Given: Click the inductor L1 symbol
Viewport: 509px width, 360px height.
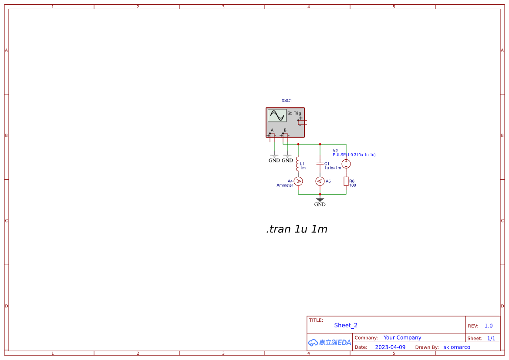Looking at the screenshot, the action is tap(297, 164).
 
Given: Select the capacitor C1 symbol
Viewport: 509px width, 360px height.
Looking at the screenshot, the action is tap(320, 164).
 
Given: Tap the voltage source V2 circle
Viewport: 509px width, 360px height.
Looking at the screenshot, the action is tap(346, 164).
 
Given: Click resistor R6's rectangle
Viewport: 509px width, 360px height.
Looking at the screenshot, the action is tap(346, 181).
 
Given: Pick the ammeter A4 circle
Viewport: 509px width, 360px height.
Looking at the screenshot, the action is tap(298, 181).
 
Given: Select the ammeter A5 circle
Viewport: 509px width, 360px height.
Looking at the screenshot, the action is tap(320, 181).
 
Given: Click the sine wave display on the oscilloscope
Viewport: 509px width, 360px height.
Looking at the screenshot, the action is tap(277, 115).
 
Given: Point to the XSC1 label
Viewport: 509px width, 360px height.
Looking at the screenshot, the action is tap(287, 101).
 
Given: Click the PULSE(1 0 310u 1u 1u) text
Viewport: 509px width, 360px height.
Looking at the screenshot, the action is tap(354, 155).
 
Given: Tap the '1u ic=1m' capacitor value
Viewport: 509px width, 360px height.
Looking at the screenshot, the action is tap(333, 168).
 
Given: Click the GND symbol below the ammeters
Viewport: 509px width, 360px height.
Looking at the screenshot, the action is tap(320, 201).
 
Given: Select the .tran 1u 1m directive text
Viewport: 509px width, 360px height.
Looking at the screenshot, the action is tap(297, 229).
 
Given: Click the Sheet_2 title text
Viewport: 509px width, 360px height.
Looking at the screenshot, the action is tap(346, 325).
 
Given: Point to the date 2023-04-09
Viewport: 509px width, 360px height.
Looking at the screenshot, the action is tap(390, 347).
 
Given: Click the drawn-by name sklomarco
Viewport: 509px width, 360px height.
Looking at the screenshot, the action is tap(457, 347).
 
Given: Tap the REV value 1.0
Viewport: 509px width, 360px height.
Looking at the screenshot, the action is tap(489, 326).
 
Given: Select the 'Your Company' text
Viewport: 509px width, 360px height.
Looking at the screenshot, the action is tap(402, 338).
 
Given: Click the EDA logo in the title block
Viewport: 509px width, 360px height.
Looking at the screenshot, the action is tap(330, 343).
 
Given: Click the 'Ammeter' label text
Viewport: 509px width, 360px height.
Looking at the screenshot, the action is tap(285, 185).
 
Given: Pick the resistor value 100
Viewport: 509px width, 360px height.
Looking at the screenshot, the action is tap(353, 185).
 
